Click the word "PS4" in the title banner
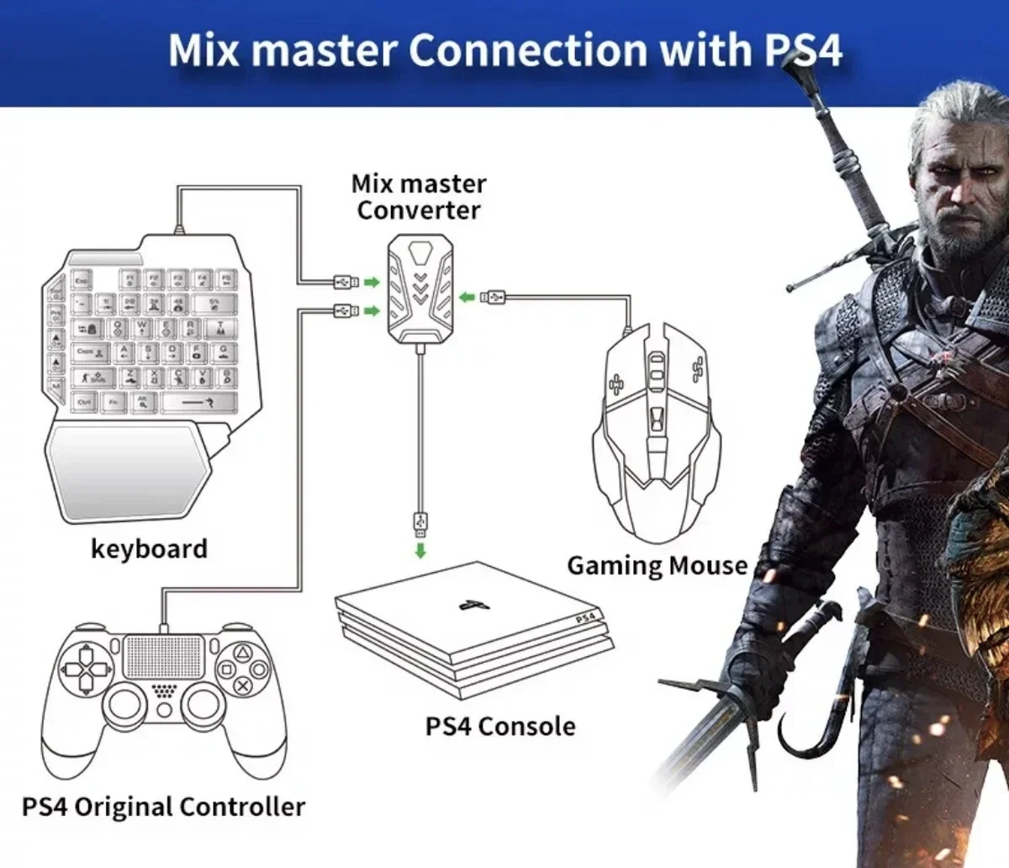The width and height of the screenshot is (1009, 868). pos(803,50)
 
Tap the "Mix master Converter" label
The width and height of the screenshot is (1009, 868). pos(418,197)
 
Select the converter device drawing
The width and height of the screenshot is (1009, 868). pos(420,285)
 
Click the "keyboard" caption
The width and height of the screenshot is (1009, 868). pos(149,548)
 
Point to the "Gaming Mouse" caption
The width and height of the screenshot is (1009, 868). pos(657,565)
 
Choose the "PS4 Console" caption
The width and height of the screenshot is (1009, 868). pos(500,726)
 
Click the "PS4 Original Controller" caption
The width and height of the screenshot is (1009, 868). pos(163,807)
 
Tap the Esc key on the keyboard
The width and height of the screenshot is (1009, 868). pos(82,280)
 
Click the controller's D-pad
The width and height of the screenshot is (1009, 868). pos(85,670)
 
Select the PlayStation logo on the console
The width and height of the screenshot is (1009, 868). pos(468,604)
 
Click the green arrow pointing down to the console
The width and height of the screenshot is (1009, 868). pos(420,550)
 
